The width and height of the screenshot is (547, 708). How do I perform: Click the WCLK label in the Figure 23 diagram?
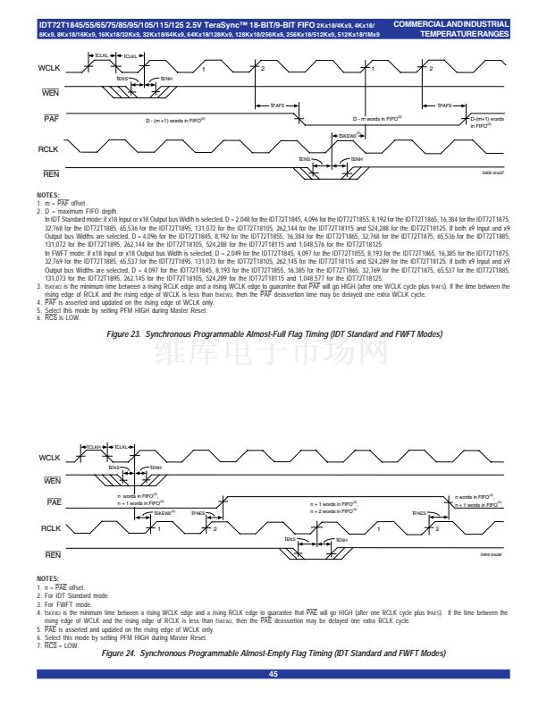48,68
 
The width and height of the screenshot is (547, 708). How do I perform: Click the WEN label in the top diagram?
50,93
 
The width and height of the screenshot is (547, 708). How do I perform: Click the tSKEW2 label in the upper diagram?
347,136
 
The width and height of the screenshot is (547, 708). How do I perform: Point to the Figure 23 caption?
274,333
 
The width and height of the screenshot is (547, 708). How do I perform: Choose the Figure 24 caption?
274,653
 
